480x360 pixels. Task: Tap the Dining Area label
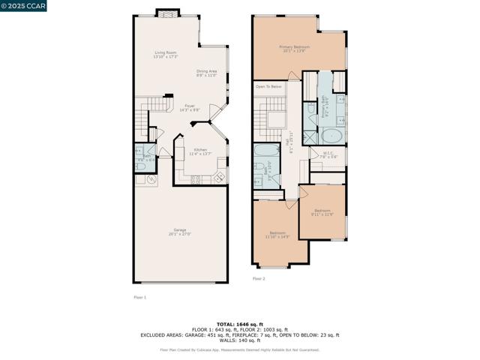(205, 73)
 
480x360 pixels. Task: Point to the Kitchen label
(201, 151)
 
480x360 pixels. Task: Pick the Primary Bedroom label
(295, 49)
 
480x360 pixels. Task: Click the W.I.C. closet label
(328, 154)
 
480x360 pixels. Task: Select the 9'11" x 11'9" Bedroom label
(322, 212)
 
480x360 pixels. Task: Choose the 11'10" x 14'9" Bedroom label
(278, 234)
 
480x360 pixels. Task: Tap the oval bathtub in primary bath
(331, 136)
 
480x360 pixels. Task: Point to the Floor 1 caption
(139, 298)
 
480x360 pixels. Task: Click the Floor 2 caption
(258, 278)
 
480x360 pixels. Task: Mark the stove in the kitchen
(197, 178)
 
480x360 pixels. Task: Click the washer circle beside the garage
(151, 179)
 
